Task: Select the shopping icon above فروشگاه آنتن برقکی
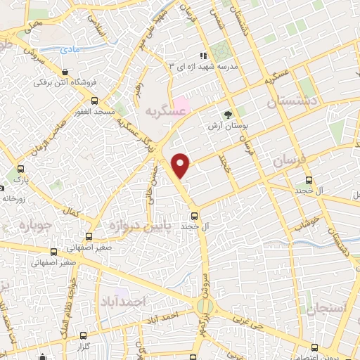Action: pyautogui.click(x=65, y=72)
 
